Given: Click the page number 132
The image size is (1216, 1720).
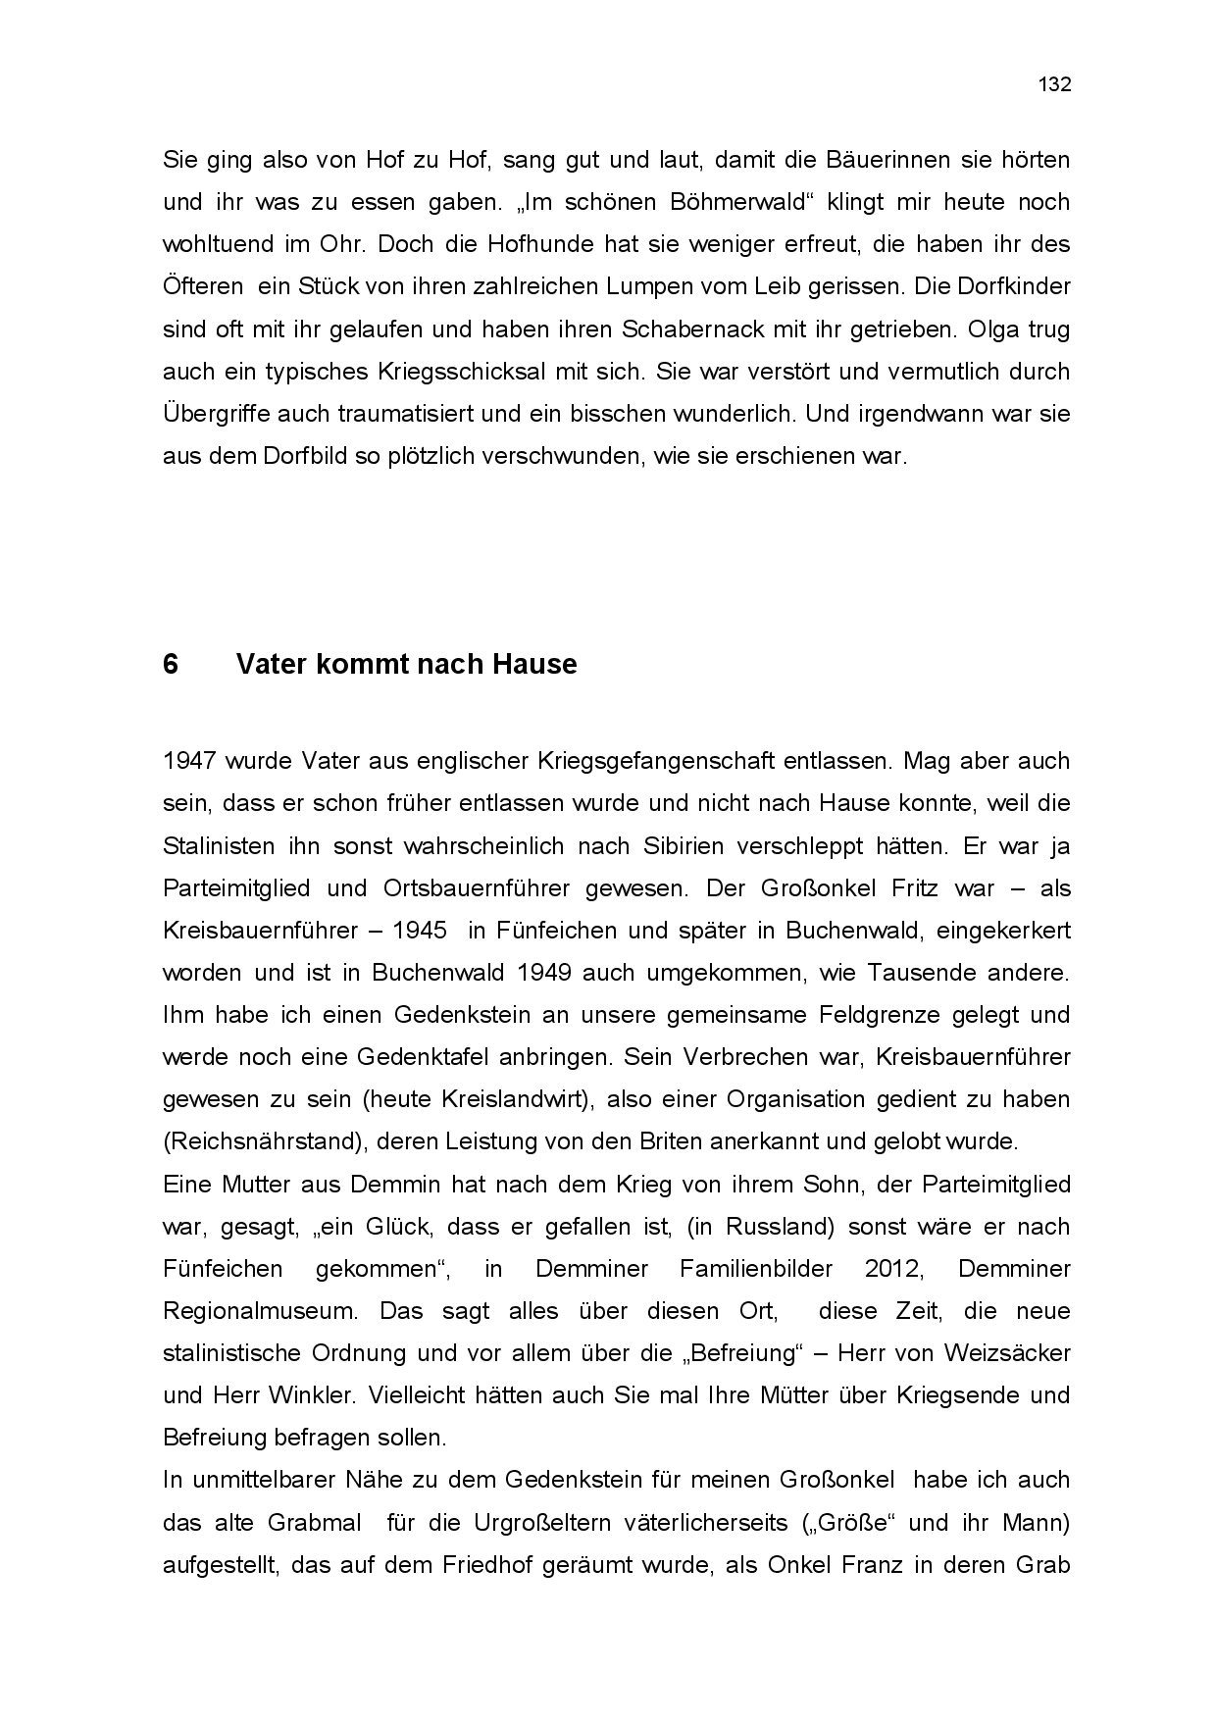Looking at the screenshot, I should click(1054, 84).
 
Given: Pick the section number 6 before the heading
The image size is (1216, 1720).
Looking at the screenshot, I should click(171, 665).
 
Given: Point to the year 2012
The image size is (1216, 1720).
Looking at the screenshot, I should click(893, 1269).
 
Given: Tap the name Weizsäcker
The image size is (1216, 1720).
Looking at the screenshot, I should click(1007, 1353).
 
